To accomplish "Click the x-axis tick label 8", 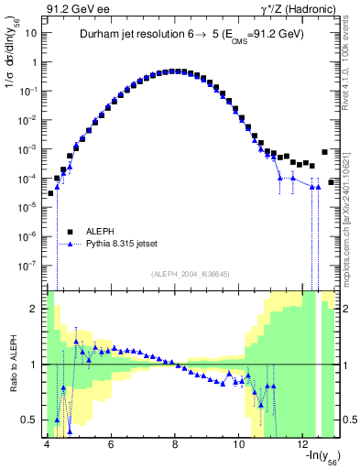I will tap(175, 444).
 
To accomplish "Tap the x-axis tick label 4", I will tap(46, 444).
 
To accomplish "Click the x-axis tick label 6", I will tap(111, 444).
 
